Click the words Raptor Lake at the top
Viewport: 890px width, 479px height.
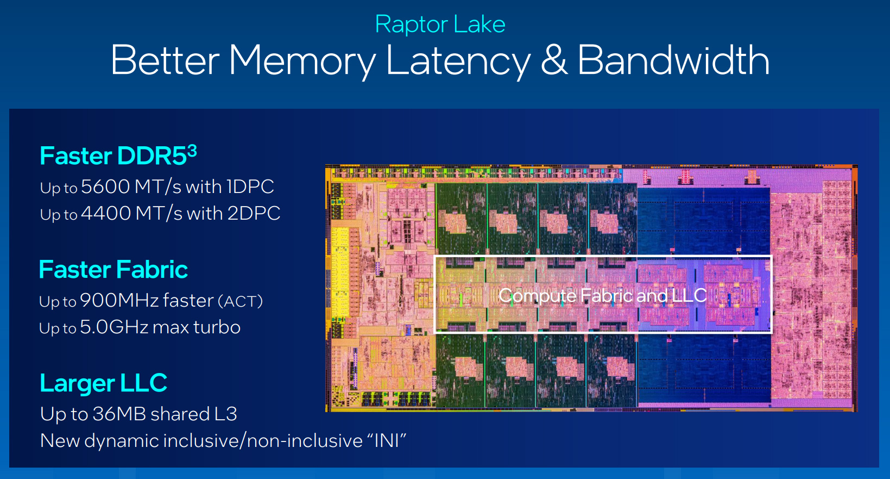coord(440,24)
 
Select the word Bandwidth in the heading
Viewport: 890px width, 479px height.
coord(673,60)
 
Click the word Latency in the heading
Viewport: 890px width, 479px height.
coord(458,61)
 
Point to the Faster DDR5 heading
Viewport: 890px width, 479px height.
coord(118,155)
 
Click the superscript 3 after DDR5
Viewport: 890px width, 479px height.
coord(192,151)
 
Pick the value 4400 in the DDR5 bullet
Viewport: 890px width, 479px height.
coord(106,213)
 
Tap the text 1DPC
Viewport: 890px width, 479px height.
coord(250,186)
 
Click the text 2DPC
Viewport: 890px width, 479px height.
coord(254,213)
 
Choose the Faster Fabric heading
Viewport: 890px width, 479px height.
coord(113,269)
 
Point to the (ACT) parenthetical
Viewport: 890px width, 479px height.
coord(241,302)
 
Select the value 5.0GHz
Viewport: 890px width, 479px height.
coord(114,327)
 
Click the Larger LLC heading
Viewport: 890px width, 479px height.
coord(103,383)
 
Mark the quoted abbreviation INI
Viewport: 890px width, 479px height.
coord(387,441)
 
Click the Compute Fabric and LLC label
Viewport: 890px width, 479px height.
coord(602,295)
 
